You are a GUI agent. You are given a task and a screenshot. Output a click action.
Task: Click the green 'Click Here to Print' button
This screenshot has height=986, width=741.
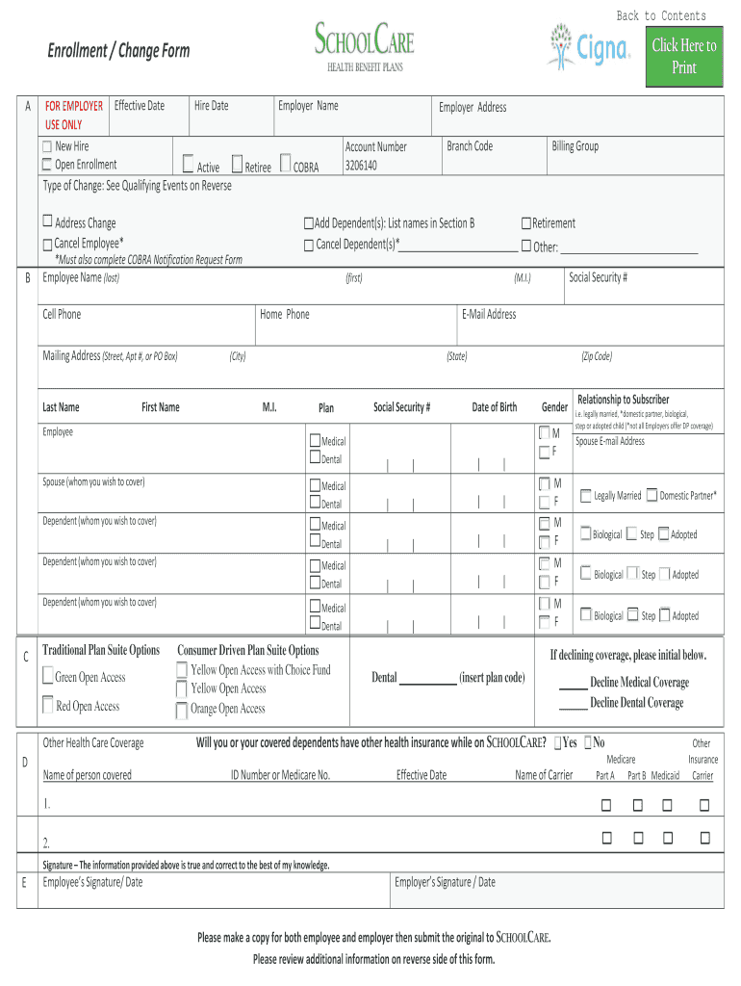pos(683,57)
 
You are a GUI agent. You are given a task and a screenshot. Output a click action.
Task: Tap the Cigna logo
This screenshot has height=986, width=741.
pos(589,46)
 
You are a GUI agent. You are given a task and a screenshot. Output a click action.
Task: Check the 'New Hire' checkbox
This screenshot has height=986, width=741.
pos(47,147)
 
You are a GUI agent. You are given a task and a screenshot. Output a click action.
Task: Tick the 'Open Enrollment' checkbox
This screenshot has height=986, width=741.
pos(47,165)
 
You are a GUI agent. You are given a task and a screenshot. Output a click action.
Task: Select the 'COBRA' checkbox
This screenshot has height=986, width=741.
pos(286,165)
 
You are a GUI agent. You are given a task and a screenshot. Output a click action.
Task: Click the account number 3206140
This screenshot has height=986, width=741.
pos(361,166)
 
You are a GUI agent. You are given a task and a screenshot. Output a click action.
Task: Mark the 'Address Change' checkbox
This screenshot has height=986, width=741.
pos(47,222)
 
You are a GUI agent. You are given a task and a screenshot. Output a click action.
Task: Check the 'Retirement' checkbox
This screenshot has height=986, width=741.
pos(525,223)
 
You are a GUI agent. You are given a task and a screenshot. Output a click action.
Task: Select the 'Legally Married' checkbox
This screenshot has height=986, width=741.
pos(585,495)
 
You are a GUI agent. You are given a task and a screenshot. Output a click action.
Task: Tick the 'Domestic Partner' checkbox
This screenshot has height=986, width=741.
pos(652,495)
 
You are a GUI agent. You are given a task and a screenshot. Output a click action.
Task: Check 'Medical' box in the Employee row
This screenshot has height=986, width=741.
pos(315,440)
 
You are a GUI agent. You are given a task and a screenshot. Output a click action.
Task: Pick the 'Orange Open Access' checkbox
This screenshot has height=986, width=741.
pos(182,711)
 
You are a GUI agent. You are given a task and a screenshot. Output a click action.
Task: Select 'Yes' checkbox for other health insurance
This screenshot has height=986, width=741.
pos(556,742)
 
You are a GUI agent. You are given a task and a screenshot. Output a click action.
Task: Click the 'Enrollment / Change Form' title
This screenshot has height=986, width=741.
pos(119,51)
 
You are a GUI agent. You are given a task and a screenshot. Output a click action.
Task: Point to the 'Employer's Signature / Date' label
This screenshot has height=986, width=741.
pos(445,882)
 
